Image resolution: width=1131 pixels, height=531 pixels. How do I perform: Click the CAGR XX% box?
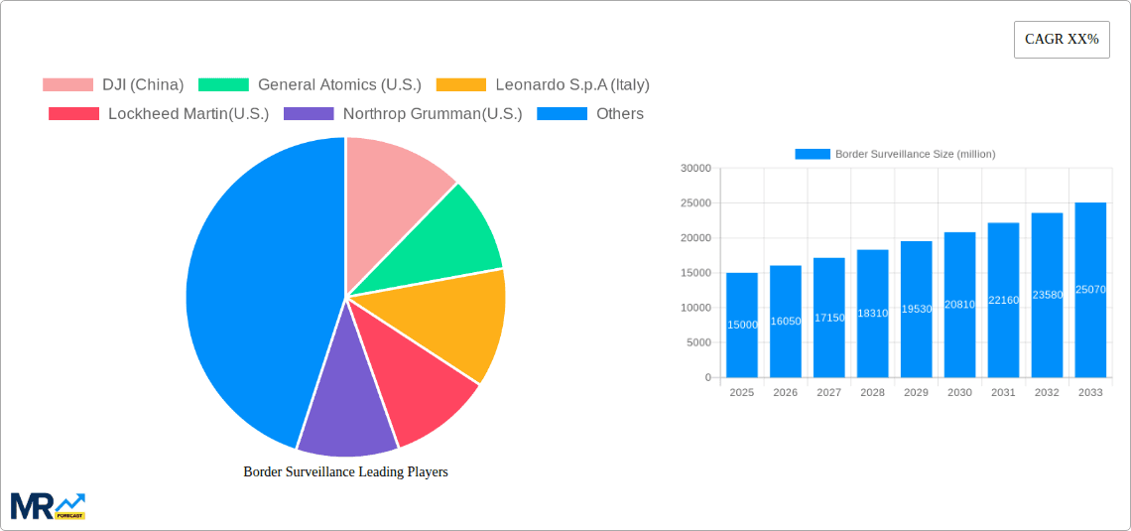[x=1061, y=40]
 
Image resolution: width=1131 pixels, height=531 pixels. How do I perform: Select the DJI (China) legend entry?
[x=113, y=84]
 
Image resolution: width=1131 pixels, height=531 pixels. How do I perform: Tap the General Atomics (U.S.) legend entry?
[x=310, y=84]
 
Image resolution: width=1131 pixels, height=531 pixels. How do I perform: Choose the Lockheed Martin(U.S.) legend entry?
[x=159, y=113]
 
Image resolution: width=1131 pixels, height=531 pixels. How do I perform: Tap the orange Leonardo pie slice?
[x=461, y=318]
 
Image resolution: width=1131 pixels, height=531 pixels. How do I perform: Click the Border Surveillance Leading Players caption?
[x=345, y=471]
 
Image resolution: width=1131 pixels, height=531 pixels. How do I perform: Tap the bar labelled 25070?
[x=1090, y=290]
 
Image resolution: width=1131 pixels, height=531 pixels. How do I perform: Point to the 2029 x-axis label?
[x=916, y=393]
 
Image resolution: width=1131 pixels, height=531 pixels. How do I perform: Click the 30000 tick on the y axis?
[x=695, y=169]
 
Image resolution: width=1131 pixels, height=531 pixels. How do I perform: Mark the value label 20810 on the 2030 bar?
[x=959, y=305]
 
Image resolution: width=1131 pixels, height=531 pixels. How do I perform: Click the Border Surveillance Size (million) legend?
[x=895, y=154]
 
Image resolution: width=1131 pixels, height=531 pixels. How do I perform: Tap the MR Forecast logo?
[x=48, y=505]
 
